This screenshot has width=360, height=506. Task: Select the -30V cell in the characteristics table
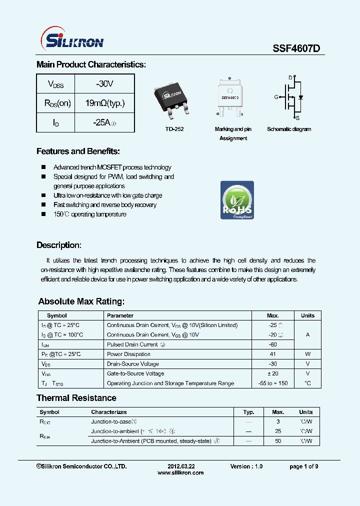[x=104, y=83]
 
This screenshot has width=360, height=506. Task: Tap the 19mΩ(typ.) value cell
[x=104, y=103]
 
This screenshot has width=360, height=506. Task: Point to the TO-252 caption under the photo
[x=174, y=129]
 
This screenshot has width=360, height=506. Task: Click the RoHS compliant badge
[x=237, y=200]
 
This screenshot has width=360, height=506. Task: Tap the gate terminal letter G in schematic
[x=275, y=97]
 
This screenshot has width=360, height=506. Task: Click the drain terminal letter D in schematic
[x=290, y=77]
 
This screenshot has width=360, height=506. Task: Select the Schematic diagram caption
[x=288, y=129]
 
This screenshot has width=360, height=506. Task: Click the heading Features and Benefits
[x=78, y=151]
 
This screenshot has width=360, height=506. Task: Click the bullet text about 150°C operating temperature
[x=90, y=214]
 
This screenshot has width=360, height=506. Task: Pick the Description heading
[x=58, y=245]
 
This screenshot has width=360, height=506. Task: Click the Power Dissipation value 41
[x=272, y=354]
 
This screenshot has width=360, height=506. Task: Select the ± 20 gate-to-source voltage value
[x=272, y=373]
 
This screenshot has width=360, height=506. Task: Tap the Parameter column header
[x=120, y=315]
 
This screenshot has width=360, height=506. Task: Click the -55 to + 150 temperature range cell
[x=272, y=383]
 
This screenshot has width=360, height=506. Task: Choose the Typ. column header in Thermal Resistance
[x=248, y=412]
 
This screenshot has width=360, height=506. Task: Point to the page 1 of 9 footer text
[x=303, y=466]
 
